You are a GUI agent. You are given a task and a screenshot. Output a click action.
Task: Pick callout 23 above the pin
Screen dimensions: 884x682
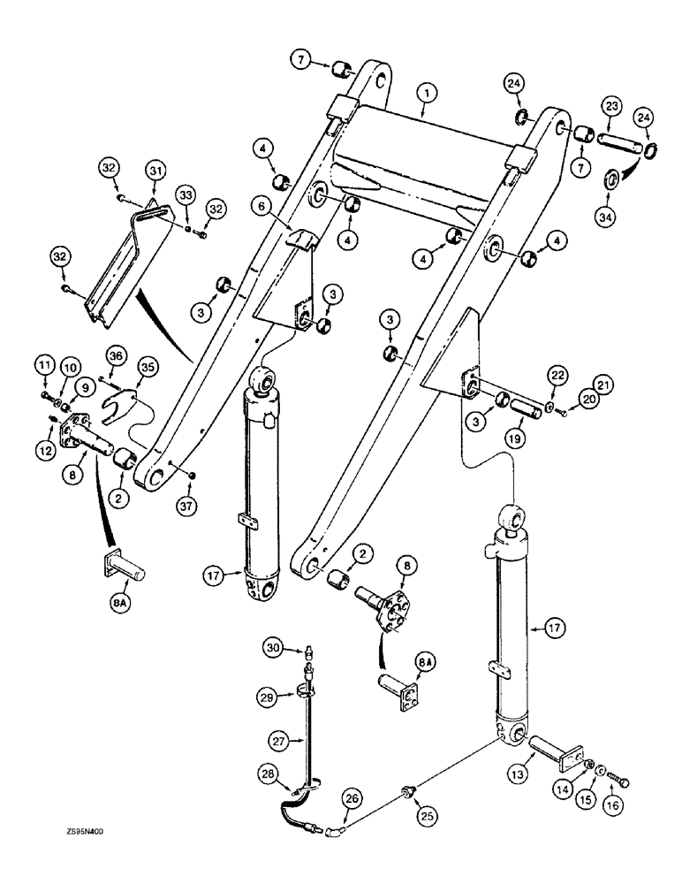pyautogui.click(x=610, y=103)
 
